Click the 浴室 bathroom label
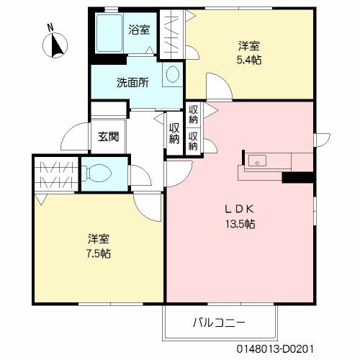click(x=139, y=30)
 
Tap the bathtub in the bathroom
click(x=110, y=34)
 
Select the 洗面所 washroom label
click(x=132, y=82)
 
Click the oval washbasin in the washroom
click(x=173, y=73)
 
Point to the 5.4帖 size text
click(x=250, y=60)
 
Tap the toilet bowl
click(x=98, y=174)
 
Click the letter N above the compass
click(x=49, y=28)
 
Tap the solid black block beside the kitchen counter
click(x=296, y=178)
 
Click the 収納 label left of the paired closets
click(x=174, y=132)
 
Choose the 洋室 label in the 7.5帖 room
click(x=99, y=238)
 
